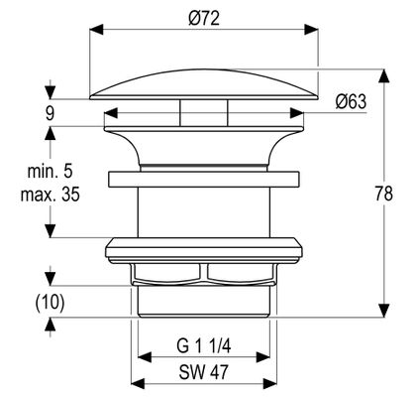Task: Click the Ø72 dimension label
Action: click(204, 18)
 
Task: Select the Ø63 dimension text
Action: click(351, 101)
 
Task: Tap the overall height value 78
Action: click(383, 194)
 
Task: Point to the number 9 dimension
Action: click(50, 114)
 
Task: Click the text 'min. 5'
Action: click(50, 172)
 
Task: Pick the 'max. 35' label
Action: click(50, 195)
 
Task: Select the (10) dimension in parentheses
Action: click(50, 303)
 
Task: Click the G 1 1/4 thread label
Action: click(204, 346)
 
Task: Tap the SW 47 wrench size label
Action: click(203, 372)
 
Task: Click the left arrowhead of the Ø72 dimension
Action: click(96, 29)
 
